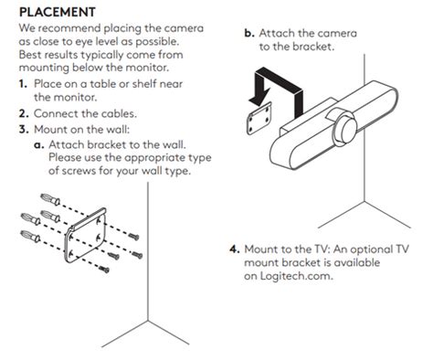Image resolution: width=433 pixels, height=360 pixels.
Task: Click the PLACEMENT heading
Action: [x=58, y=12]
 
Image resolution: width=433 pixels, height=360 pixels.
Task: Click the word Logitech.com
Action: [x=296, y=276]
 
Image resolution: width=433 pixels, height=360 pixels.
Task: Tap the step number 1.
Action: [x=23, y=84]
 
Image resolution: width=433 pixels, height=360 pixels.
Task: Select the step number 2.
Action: [x=24, y=113]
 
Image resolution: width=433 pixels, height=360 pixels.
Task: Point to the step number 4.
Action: [x=235, y=249]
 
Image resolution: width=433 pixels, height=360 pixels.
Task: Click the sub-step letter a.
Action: [x=39, y=145]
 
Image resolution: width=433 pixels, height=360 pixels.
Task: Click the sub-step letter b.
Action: [x=249, y=33]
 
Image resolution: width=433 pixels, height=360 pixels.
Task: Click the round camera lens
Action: [x=345, y=129]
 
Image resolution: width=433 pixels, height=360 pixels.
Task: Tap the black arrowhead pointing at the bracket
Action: [x=259, y=97]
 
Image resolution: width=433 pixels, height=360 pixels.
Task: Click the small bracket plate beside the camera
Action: [x=259, y=119]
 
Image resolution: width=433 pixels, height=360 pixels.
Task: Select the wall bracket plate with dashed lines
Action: [x=86, y=236]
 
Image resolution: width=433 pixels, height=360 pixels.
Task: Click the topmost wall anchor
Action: [x=50, y=199]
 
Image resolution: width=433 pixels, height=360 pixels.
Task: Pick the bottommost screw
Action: [x=104, y=269]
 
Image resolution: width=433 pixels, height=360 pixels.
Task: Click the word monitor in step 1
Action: [x=75, y=97]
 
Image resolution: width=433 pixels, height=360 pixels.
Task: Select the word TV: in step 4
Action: [x=322, y=249]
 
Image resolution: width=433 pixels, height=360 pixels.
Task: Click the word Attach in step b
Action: [x=277, y=33]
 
